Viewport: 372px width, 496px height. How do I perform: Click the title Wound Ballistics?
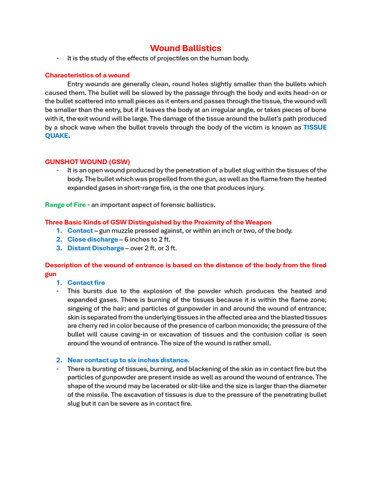[186, 48]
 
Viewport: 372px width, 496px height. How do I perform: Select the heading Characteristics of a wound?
[87, 75]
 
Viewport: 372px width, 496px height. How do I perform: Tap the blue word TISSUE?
[315, 127]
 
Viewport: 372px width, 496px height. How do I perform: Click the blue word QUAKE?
[57, 136]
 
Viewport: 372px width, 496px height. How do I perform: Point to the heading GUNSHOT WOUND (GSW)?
[87, 162]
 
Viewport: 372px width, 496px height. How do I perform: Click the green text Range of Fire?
[65, 205]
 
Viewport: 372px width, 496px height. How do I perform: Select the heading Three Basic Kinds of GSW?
[158, 222]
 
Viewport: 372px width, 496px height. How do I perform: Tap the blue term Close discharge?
[93, 240]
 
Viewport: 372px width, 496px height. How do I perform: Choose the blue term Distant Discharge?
[95, 248]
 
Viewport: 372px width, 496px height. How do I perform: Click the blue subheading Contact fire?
[86, 283]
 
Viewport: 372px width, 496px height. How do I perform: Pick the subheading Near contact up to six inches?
[128, 360]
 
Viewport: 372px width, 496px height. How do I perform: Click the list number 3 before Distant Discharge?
[59, 248]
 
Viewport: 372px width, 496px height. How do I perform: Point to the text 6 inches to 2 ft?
[148, 240]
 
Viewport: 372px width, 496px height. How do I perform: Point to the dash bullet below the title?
[58, 59]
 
